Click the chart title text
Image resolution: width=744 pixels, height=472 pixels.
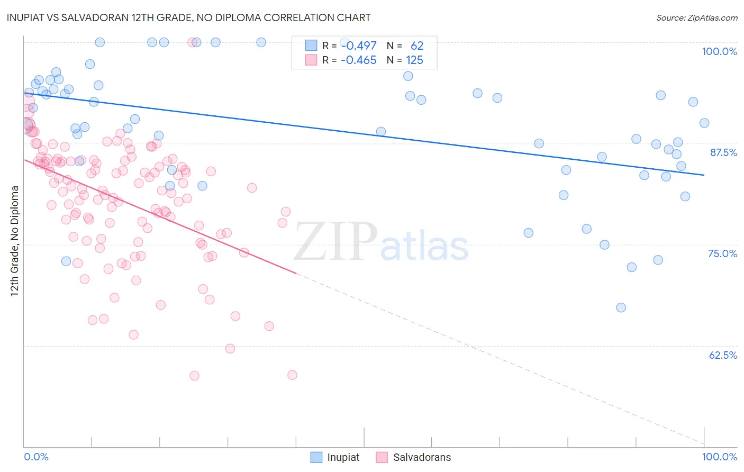coord(189,17)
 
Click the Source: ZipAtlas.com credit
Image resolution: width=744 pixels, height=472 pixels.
coord(696,17)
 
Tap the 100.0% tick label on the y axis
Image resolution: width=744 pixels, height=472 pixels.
coord(719,51)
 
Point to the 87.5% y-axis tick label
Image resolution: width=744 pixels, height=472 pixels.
coord(723,152)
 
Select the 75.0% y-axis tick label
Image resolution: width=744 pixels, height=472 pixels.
coord(722,253)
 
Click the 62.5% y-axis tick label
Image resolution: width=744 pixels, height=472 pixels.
coord(723,355)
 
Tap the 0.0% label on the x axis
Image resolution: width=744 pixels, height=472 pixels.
coord(36,457)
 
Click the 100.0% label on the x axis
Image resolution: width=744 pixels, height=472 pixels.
coord(719,457)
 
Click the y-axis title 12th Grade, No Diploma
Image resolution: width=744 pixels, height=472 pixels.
coord(15,241)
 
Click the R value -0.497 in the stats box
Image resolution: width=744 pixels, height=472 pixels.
coord(358,46)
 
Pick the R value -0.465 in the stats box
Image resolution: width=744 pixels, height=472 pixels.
coord(358,60)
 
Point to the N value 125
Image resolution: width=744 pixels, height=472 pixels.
coord(414,60)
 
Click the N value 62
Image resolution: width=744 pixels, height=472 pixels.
coord(417,46)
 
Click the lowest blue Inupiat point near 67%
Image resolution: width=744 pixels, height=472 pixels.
coord(621,307)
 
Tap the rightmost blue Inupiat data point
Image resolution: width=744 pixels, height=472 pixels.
coord(704,123)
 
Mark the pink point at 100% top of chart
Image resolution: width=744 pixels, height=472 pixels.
coord(193,42)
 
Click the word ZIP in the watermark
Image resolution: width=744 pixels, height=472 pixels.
coord(335,242)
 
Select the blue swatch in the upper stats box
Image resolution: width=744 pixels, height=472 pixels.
coord(311,46)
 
